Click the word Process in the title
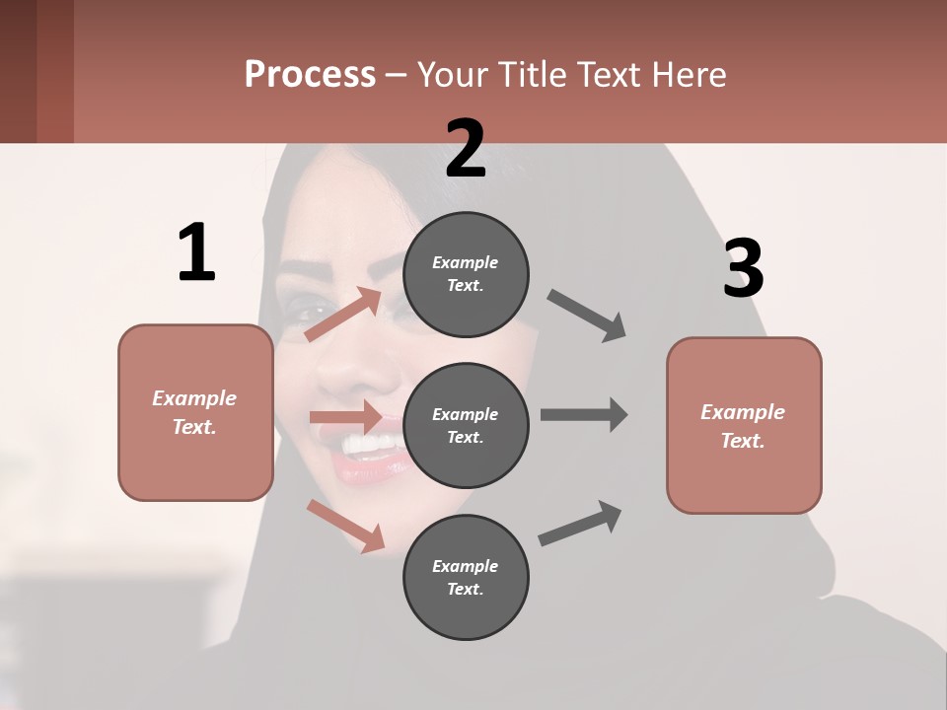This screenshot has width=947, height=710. point(310,75)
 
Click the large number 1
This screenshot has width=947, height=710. point(196,252)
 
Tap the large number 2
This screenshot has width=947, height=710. point(466,149)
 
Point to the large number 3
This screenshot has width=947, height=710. point(743,268)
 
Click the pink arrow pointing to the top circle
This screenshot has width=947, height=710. point(342,315)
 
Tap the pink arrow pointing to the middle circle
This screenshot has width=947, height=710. point(344,417)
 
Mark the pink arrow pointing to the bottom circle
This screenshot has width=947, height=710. point(345,525)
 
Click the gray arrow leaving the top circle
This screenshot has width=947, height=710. point(587,316)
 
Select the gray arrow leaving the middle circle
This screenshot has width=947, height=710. point(583,414)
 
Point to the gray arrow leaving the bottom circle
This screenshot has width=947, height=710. point(580,523)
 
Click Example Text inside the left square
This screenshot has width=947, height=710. point(194,412)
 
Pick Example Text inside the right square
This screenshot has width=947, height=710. point(743,426)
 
